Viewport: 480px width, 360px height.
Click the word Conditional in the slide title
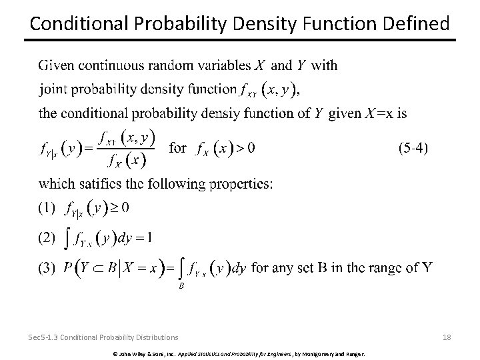[x=71, y=24]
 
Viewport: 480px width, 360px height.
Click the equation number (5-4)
[x=413, y=148]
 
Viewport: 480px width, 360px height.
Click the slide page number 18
[x=447, y=337]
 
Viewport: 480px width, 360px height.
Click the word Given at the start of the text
[x=56, y=65]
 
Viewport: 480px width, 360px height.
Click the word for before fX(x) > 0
[x=177, y=148]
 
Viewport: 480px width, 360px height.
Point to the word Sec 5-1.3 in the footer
[x=44, y=337]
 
